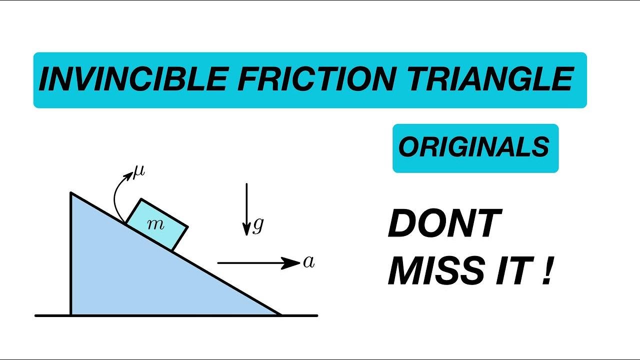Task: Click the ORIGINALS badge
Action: [475, 148]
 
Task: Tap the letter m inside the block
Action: [156, 225]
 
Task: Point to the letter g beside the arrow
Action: [258, 226]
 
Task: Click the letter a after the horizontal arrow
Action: [309, 262]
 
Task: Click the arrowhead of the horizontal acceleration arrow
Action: [292, 262]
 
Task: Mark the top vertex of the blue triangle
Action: [71, 193]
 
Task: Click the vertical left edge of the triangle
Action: [71, 255]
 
